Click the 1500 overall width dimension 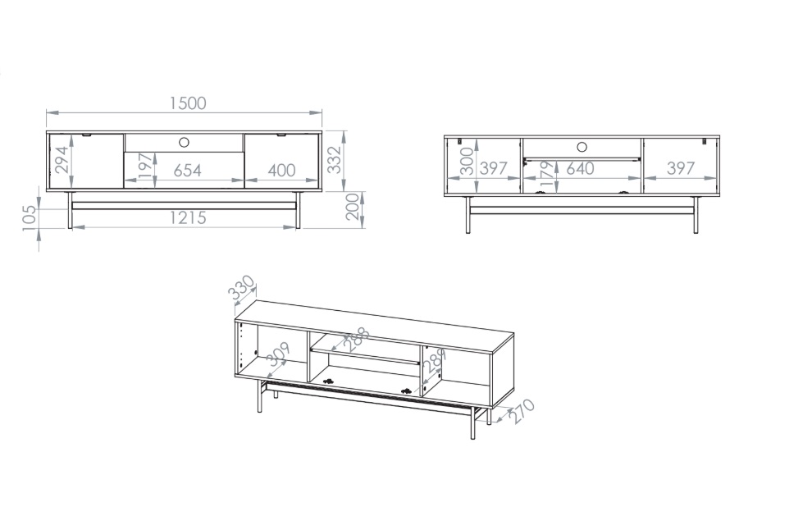coord(188,103)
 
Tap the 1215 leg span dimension coord(188,218)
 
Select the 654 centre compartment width coord(187,171)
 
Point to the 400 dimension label coord(281,171)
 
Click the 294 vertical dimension coord(62,159)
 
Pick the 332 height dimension coord(335,159)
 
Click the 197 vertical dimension coord(146,165)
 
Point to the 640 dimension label coord(580,168)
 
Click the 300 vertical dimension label coord(468,161)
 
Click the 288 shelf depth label coord(357,339)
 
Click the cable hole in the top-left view coord(184,143)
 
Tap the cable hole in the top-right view coord(582,148)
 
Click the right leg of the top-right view coord(696,215)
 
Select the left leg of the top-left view coord(70,210)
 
